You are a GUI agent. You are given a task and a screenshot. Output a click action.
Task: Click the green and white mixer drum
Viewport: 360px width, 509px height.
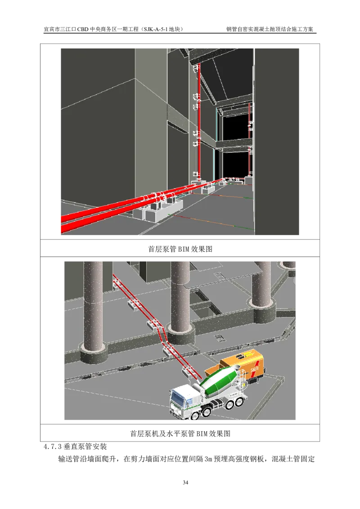pyautogui.click(x=220, y=380)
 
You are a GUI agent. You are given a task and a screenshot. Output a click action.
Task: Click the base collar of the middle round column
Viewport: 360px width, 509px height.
pyautogui.click(x=181, y=335)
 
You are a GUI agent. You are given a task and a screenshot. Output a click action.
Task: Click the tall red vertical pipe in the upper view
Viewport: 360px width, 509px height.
pyautogui.click(x=198, y=121)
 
